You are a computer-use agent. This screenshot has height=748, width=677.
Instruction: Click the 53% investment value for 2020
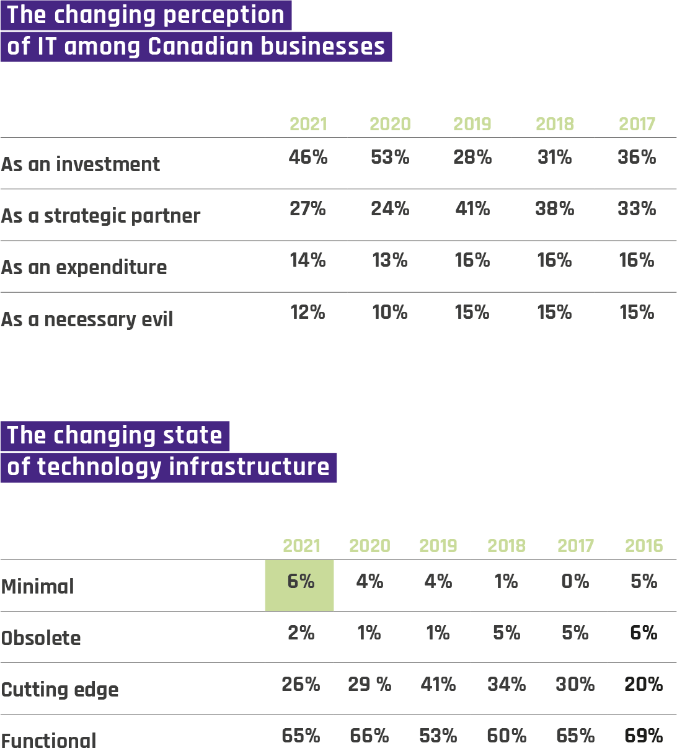[x=390, y=158]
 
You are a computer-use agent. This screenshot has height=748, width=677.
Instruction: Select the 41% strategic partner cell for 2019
[x=472, y=209]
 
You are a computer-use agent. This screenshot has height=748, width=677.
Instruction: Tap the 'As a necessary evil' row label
[x=87, y=319]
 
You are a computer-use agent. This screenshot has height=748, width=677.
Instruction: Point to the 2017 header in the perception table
[x=637, y=124]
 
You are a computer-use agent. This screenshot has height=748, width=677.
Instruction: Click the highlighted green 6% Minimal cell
[x=300, y=584]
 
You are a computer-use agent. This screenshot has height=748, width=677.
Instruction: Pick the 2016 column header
[x=644, y=546]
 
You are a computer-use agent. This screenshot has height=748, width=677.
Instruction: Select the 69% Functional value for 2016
[x=644, y=736]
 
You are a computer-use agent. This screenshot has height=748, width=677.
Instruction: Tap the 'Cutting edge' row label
[x=60, y=690]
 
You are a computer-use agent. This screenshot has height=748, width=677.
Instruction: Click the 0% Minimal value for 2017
[x=575, y=581]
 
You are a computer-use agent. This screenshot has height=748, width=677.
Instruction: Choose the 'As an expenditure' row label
[x=84, y=267]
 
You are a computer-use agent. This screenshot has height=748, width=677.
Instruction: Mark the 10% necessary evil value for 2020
[x=390, y=312]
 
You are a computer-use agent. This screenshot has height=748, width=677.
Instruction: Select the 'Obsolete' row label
[x=41, y=638]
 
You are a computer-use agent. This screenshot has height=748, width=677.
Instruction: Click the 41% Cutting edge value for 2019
[x=438, y=684]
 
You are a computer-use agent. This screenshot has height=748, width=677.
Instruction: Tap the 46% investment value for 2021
[x=308, y=158]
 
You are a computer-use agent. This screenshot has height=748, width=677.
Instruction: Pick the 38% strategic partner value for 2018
[x=555, y=209]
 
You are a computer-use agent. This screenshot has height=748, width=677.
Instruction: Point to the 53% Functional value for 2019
[x=438, y=736]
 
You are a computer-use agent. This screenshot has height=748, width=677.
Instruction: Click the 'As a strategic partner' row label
[x=101, y=216]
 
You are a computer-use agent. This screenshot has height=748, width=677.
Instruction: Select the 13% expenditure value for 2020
[x=390, y=260]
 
